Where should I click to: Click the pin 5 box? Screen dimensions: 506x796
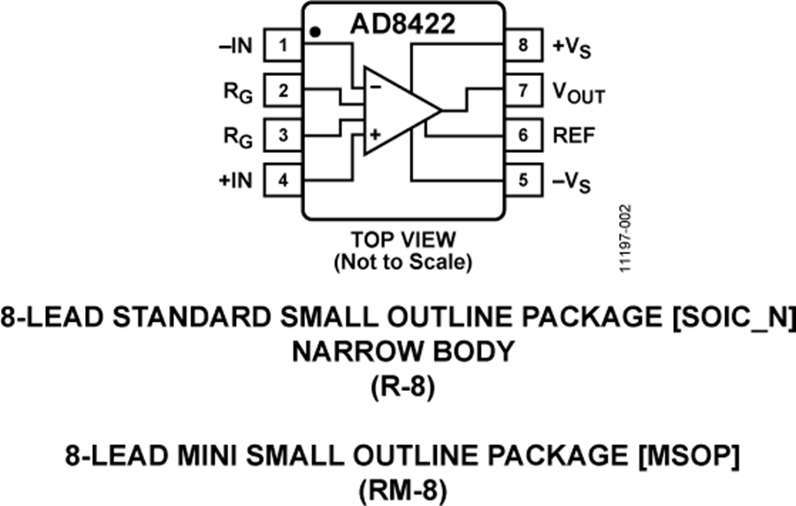point(524,180)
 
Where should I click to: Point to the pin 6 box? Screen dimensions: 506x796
point(524,135)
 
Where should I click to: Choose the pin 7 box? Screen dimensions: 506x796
point(524,90)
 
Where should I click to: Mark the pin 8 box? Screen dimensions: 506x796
point(524,45)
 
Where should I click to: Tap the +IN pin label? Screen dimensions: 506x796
point(236,180)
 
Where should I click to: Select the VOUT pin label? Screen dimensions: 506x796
point(578,92)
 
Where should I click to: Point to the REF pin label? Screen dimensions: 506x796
point(574,135)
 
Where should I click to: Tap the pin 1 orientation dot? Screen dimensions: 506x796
point(316,33)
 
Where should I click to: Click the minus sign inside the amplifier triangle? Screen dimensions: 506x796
point(375,87)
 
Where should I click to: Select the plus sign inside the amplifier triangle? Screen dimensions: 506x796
point(375,135)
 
